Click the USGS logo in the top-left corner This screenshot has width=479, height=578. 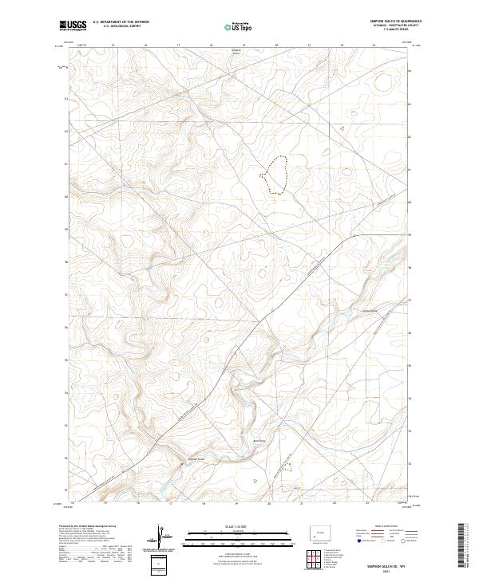(x=73, y=26)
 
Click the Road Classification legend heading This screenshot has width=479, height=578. (x=380, y=527)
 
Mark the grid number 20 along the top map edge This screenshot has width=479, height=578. (x=276, y=45)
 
